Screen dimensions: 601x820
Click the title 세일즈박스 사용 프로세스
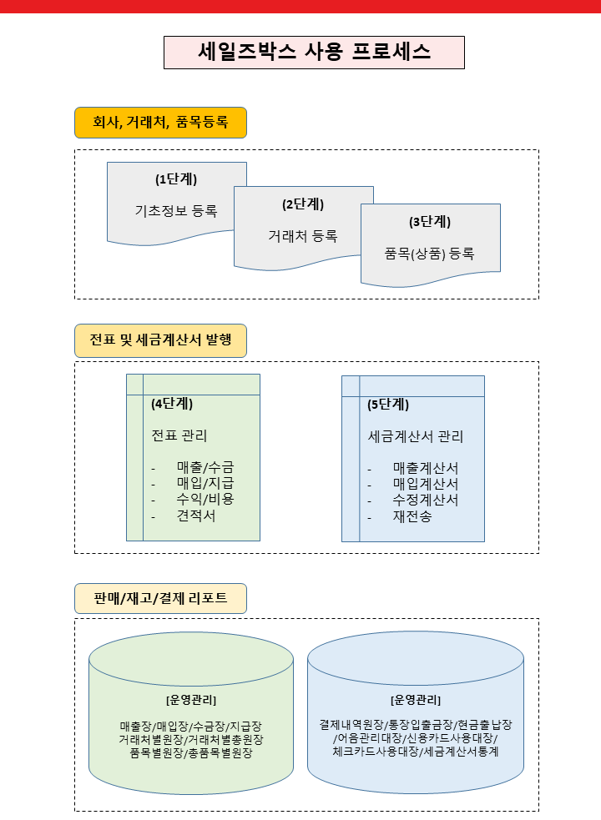[x=314, y=52]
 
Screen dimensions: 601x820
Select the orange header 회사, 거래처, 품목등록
[x=160, y=123]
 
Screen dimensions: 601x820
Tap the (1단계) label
[x=176, y=179]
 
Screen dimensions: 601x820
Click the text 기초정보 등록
[x=176, y=211]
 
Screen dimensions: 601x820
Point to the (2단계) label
[x=303, y=204]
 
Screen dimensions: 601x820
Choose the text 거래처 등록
[x=303, y=236]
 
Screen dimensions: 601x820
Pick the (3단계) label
[x=430, y=222]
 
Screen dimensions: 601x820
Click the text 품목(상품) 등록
[x=430, y=254]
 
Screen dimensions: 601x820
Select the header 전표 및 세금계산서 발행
[x=160, y=340]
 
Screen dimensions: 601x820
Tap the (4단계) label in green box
[x=172, y=404]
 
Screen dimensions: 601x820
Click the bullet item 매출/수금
[x=205, y=467]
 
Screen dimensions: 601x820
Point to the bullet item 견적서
[x=196, y=516]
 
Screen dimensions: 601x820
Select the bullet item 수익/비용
[x=205, y=500]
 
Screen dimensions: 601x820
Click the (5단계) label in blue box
[x=388, y=405]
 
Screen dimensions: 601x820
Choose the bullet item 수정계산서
[x=426, y=501]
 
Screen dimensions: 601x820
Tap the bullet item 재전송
[x=412, y=516]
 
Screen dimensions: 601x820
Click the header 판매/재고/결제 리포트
[x=160, y=598]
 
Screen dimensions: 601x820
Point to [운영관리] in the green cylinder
[x=191, y=700]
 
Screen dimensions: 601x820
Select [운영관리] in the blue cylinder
[x=416, y=700]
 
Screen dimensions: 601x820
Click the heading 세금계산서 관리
[x=416, y=436]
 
